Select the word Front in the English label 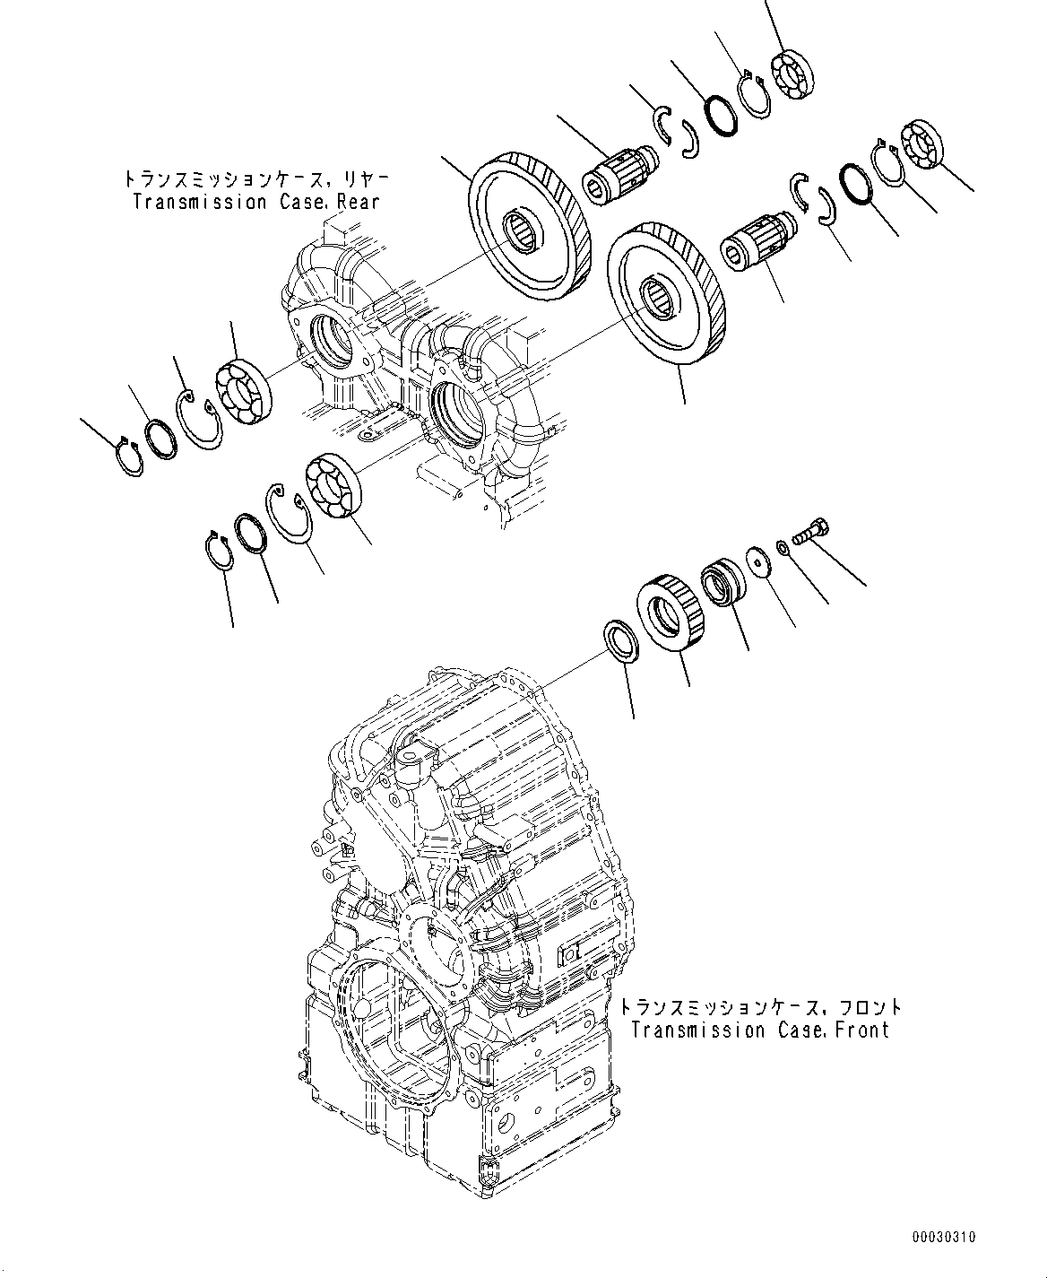(x=862, y=1030)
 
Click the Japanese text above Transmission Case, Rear (x=256, y=180)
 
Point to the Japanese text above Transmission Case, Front (x=760, y=1008)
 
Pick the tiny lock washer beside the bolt (x=783, y=548)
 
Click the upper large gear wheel (x=529, y=234)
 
